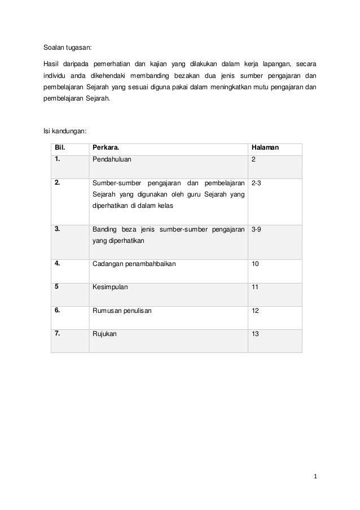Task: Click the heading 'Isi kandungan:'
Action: click(65, 132)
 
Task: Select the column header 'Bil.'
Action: click(60, 148)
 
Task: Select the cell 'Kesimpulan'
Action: click(110, 287)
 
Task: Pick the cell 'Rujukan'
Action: click(106, 334)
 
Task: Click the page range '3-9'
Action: click(256, 230)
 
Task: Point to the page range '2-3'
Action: click(256, 184)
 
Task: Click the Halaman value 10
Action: click(256, 263)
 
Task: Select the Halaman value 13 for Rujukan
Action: click(256, 334)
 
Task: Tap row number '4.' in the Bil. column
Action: click(58, 263)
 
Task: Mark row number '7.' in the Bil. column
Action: click(58, 334)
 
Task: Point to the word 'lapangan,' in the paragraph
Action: click(273, 64)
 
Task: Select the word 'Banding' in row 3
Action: click(105, 230)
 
